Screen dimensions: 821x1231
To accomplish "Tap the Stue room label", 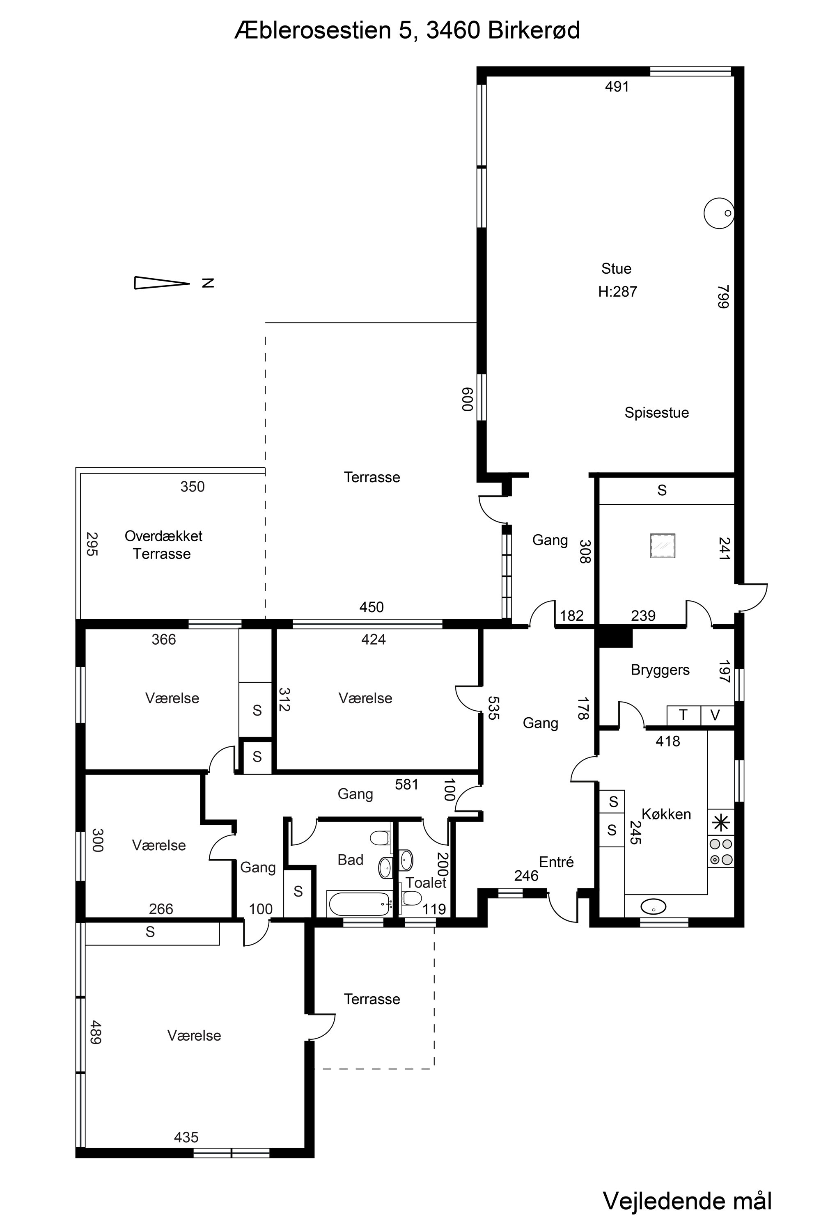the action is coord(616,268).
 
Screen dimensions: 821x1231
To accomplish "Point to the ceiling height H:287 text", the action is coord(618,291).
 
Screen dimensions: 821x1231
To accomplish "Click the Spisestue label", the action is coord(656,412).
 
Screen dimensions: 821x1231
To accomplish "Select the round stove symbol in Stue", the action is coord(718,213).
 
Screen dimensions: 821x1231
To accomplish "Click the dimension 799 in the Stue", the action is coord(723,297).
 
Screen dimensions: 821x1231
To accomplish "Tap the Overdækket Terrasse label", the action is coord(163,545).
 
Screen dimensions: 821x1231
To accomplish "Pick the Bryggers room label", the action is coord(660,670).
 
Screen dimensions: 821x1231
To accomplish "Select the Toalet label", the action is coord(426,883).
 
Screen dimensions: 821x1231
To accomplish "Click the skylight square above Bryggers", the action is coord(663,546).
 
